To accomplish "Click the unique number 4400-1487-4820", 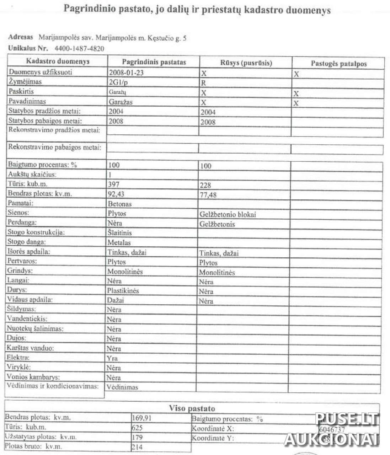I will point(79,49).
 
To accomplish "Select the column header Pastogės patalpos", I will point(338,64).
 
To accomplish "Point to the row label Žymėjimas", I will point(25,82).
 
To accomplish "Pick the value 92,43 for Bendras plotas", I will point(116,194).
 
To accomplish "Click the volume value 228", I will point(205,185).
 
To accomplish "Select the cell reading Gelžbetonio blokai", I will point(228,214).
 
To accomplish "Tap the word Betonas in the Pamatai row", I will point(120,204).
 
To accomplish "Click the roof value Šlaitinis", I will point(120,233).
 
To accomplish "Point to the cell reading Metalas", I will point(119,243).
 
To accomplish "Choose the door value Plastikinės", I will point(123,290).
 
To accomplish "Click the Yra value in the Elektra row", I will point(112,358).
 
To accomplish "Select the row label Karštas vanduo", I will point(30,348).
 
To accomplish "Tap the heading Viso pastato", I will point(192,408).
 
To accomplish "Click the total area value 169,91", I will point(141,418).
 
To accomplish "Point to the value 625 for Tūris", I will point(137,428).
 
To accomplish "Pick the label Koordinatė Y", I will point(213,438).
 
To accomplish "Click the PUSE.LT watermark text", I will point(347,419).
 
